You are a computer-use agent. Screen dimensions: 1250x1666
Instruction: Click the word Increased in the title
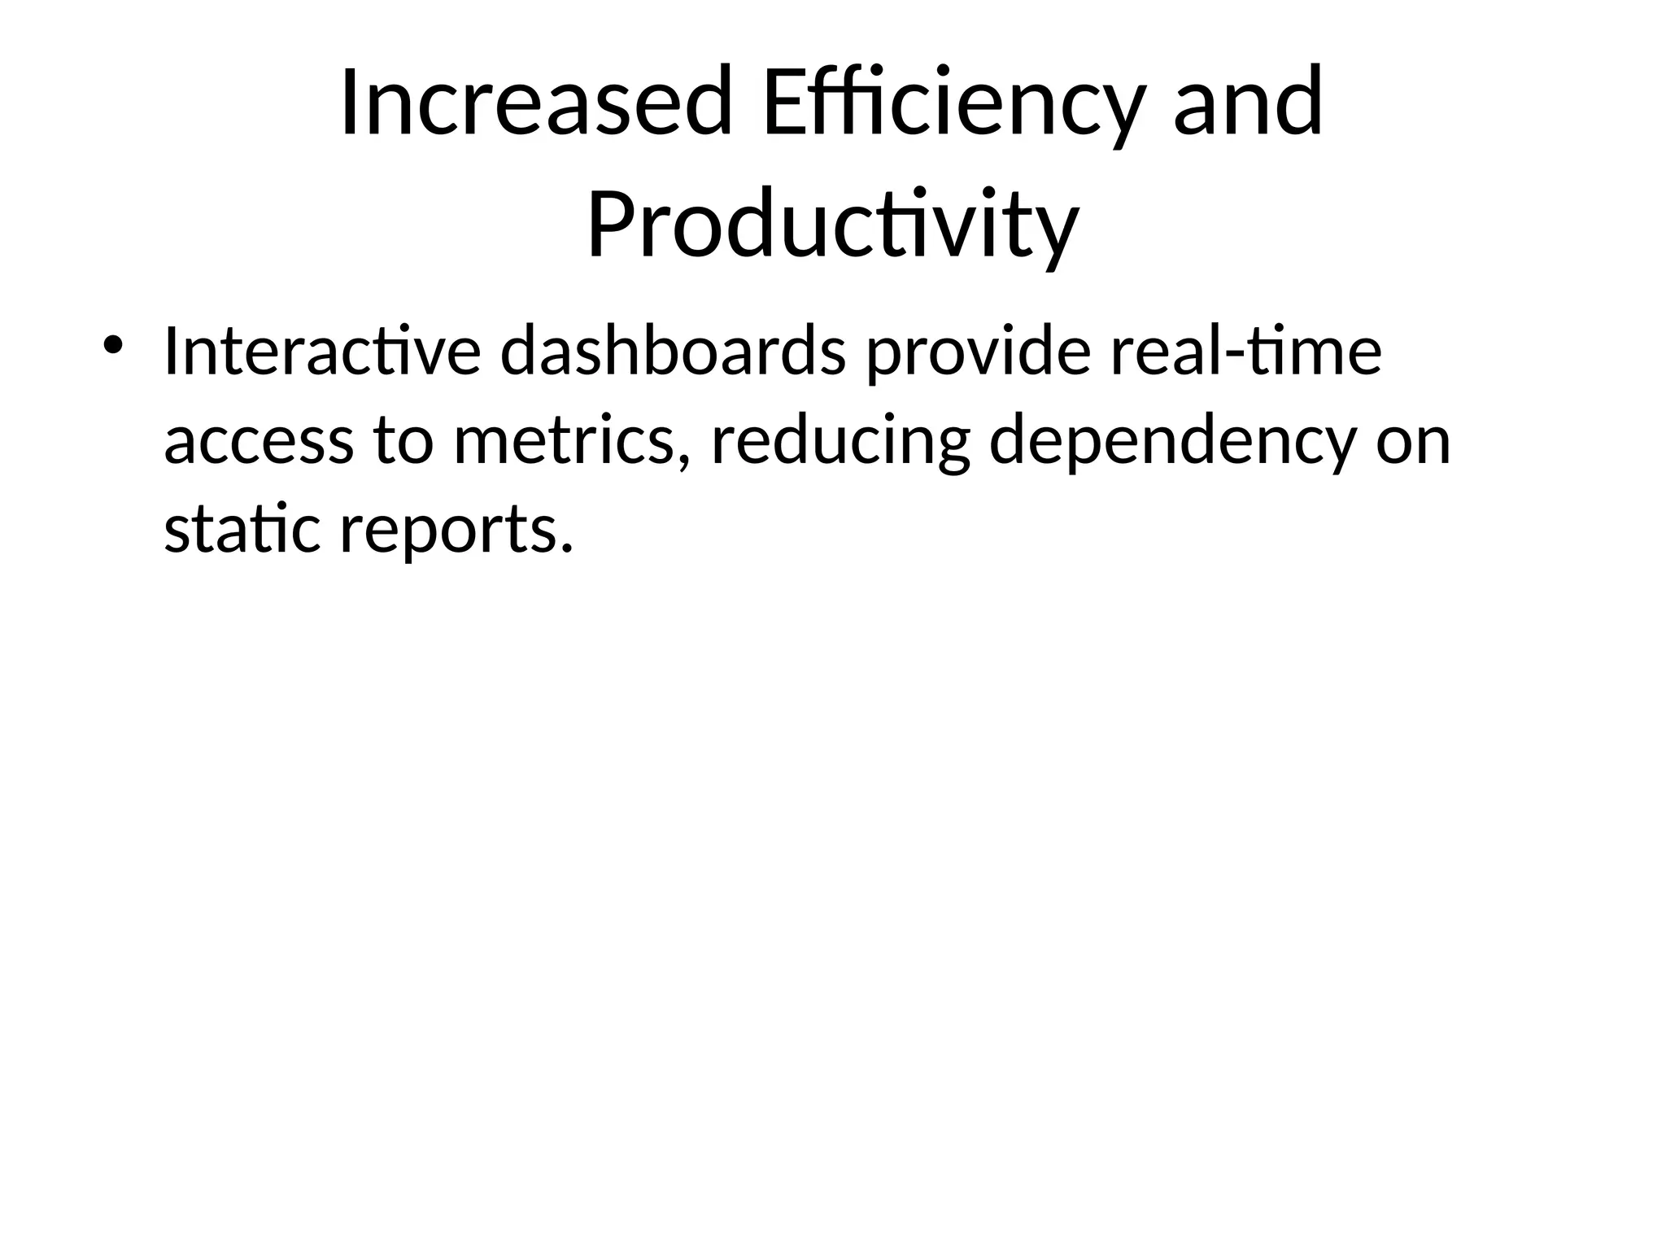coord(536,103)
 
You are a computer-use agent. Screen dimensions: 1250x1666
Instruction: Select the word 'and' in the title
coord(1248,103)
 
